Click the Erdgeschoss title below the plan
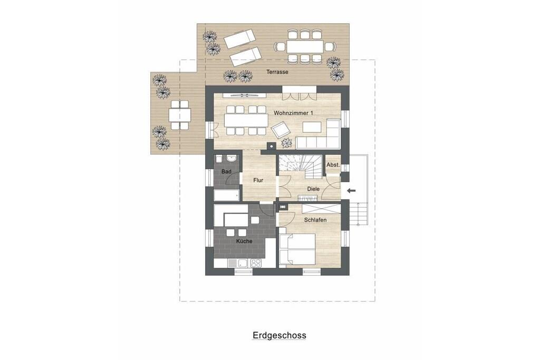tap(279, 335)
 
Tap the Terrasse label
tap(277, 72)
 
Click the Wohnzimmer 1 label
tap(293, 113)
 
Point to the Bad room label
tap(226, 171)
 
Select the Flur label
tap(258, 180)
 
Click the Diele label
tap(313, 189)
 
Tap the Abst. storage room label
tap(333, 165)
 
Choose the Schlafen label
tap(315, 220)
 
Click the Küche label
tap(244, 241)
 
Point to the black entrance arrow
tap(352, 190)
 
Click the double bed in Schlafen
tap(297, 249)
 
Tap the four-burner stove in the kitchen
tap(256, 263)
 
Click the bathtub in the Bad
tap(227, 196)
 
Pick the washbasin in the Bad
tap(232, 159)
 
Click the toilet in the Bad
tap(219, 159)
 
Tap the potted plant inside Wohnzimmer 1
tap(287, 142)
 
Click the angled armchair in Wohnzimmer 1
tap(281, 130)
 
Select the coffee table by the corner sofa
tap(312, 127)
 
